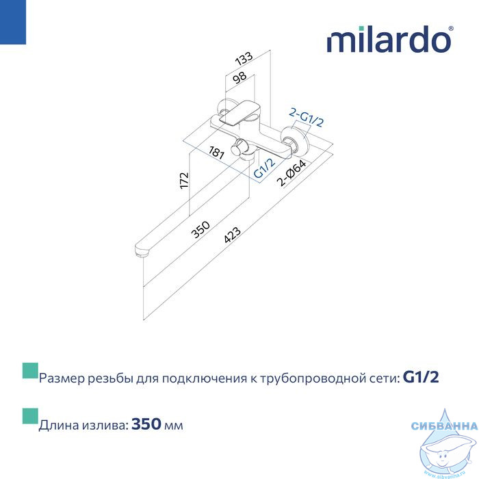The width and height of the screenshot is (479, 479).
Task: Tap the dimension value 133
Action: click(x=244, y=58)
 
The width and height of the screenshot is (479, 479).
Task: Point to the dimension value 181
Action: click(x=217, y=152)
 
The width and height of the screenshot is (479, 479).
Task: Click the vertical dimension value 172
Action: click(x=184, y=181)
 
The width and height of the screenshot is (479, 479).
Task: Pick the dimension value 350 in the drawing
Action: click(x=200, y=229)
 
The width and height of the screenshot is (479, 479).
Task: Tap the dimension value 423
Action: click(x=232, y=235)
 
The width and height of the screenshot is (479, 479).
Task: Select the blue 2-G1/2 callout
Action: click(x=306, y=118)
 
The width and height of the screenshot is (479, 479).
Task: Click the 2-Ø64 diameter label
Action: click(x=292, y=173)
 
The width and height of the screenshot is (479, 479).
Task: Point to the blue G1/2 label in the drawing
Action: click(x=265, y=168)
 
